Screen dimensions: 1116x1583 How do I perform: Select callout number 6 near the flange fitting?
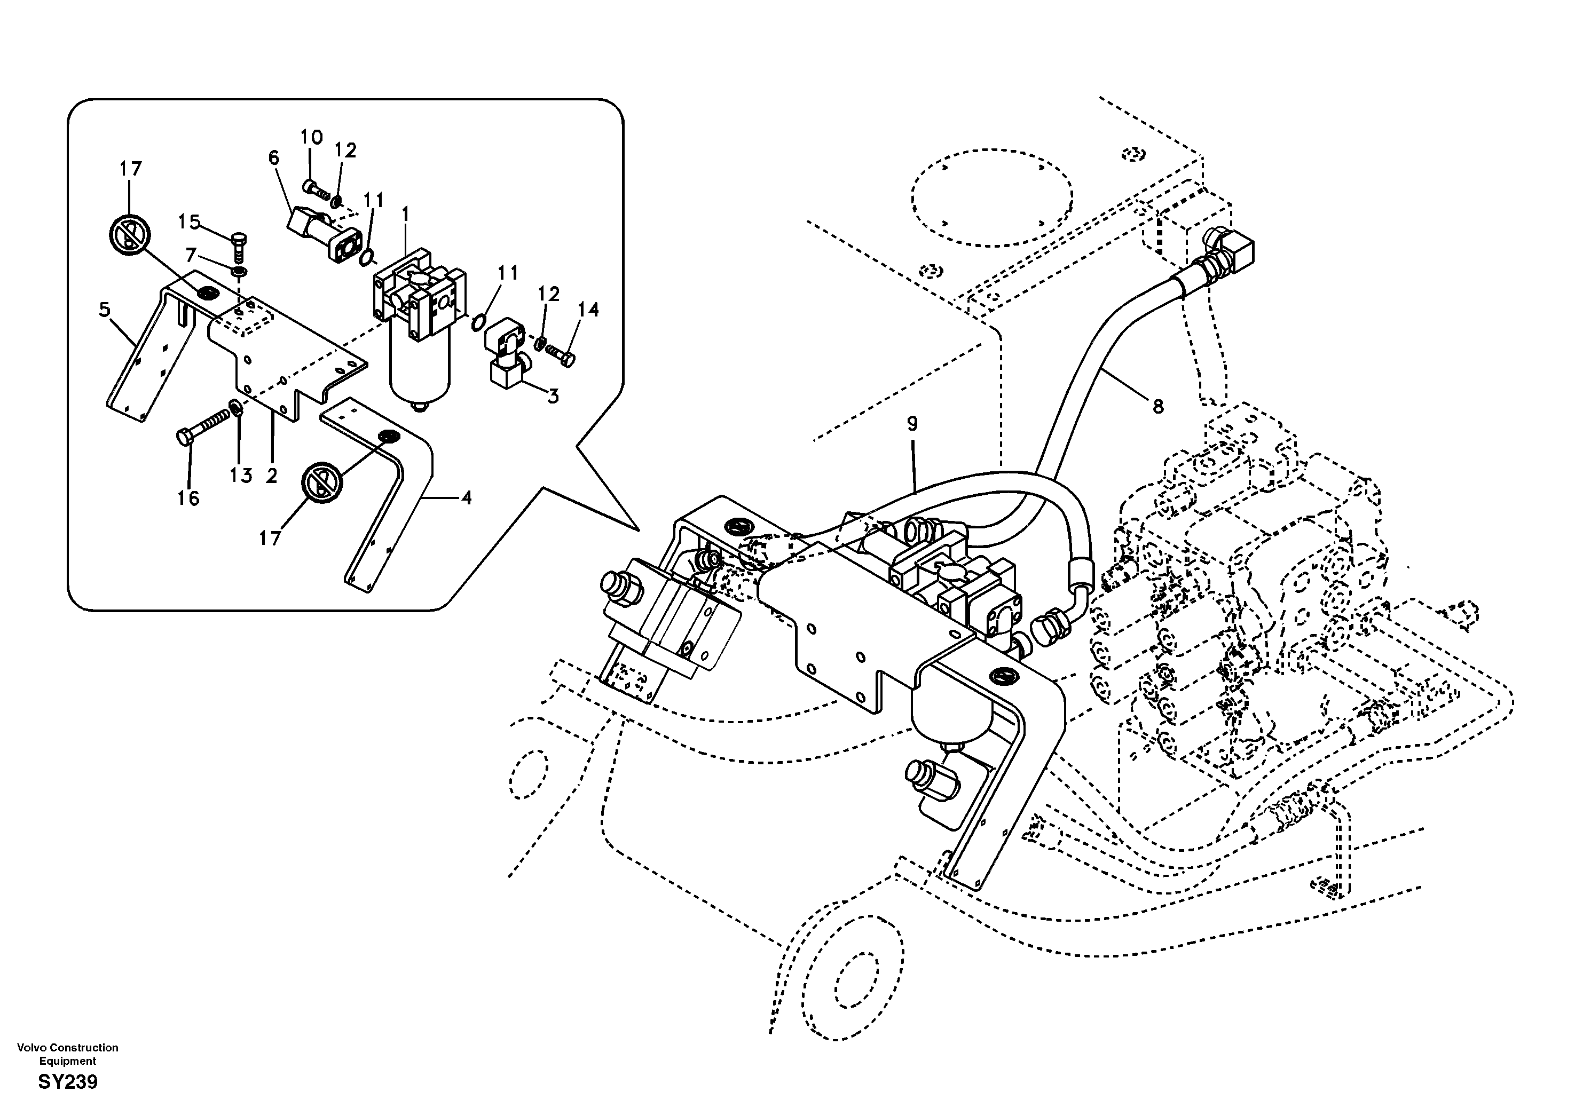click(x=274, y=158)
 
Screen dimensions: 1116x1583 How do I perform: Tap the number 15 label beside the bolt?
click(x=189, y=222)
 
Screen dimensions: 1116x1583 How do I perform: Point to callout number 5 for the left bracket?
click(x=104, y=310)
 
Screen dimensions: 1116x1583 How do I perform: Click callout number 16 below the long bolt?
click(x=188, y=497)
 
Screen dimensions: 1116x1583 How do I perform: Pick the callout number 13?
click(x=241, y=475)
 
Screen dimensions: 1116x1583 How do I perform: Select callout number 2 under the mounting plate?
click(x=272, y=475)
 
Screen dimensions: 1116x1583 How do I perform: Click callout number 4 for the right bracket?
click(x=466, y=497)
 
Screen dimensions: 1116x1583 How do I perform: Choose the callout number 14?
click(x=588, y=310)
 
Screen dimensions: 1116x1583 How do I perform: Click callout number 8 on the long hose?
click(x=1157, y=407)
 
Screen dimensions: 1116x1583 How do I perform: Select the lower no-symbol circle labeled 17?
click(x=322, y=482)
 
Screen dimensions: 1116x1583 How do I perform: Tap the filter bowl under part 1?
click(x=419, y=372)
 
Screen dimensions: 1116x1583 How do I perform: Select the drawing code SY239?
click(x=68, y=1082)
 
